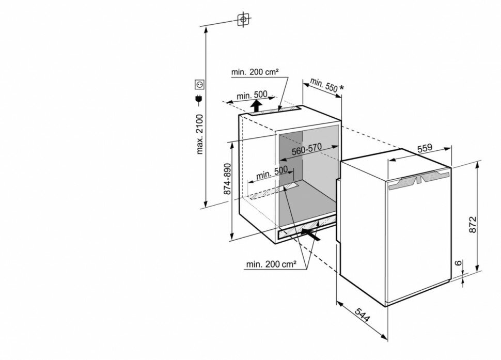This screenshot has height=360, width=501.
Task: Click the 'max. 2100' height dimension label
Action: pyautogui.click(x=199, y=134)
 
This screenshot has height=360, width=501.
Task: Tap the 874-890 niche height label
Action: pyautogui.click(x=227, y=179)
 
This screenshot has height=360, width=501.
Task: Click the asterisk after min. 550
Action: pyautogui.click(x=341, y=87)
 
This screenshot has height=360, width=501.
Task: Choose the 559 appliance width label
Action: pyautogui.click(x=425, y=148)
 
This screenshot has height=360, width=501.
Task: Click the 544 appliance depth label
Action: pyautogui.click(x=363, y=315)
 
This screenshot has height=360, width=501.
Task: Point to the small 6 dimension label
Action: pyautogui.click(x=458, y=263)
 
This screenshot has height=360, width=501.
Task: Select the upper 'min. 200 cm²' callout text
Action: pyautogui.click(x=255, y=72)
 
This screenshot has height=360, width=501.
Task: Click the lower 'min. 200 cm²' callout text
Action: pyautogui.click(x=271, y=264)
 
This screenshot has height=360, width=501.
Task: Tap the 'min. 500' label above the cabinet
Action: pyautogui.click(x=252, y=95)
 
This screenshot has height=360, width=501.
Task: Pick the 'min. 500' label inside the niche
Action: pyautogui.click(x=272, y=173)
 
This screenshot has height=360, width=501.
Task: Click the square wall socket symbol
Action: pyautogui.click(x=200, y=84)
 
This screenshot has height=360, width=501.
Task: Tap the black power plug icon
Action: pyautogui.click(x=199, y=100)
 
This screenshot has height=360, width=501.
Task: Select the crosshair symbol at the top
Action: pyautogui.click(x=243, y=20)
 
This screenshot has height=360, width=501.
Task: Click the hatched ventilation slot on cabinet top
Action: pyautogui.click(x=275, y=111)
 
